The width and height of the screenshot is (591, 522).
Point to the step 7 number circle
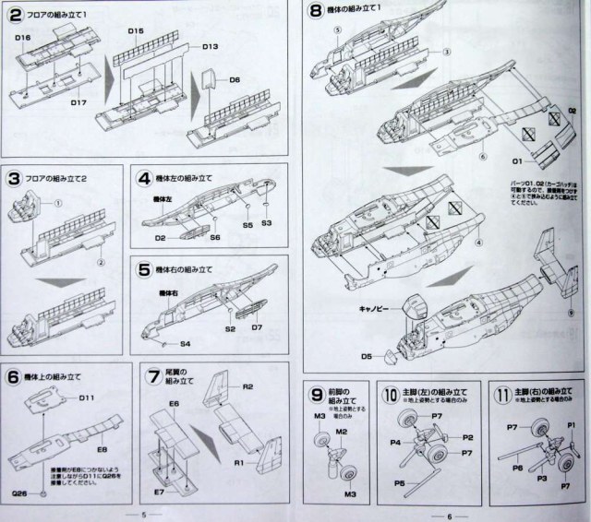pyautogui.click(x=154, y=376)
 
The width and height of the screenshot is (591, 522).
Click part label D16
pyautogui.click(x=25, y=37)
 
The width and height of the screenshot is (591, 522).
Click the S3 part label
pyautogui.click(x=266, y=224)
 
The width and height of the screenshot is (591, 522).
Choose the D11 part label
pyautogui.click(x=88, y=398)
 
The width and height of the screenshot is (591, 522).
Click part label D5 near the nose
pyautogui.click(x=367, y=354)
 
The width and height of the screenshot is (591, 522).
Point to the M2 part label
pyautogui.click(x=341, y=433)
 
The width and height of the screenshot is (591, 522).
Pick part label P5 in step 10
pyautogui.click(x=400, y=482)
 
